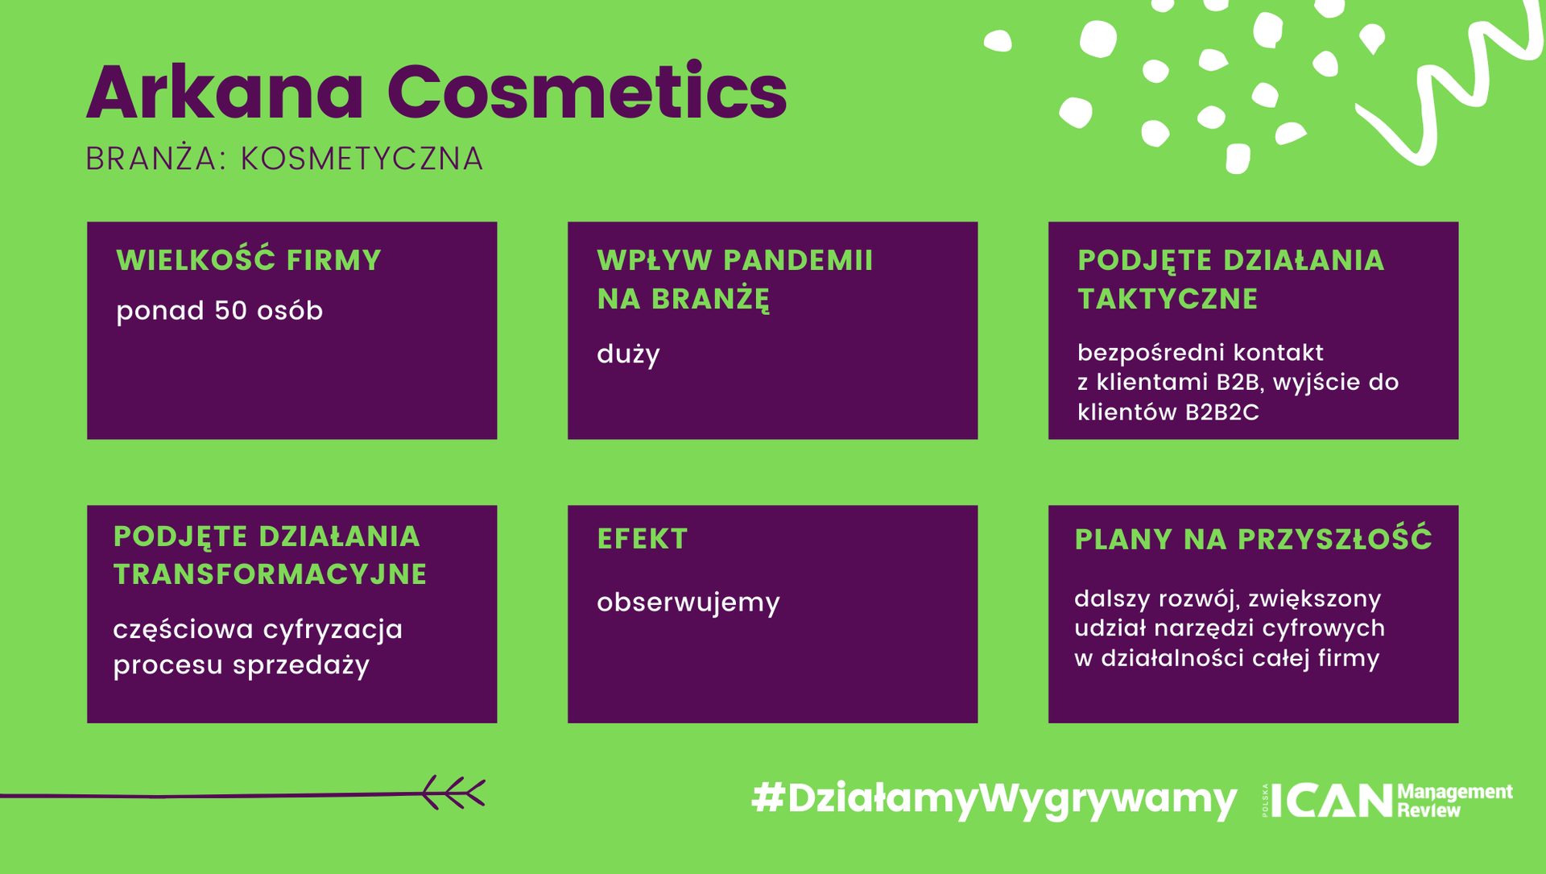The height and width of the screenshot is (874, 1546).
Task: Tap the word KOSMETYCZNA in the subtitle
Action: (362, 159)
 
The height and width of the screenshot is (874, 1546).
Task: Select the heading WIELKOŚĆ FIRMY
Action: (249, 260)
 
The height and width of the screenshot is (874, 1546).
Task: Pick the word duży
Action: (628, 354)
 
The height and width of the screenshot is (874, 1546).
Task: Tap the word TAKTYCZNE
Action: (1168, 299)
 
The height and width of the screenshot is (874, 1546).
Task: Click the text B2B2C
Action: (1222, 412)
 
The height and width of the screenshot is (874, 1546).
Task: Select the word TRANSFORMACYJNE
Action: (270, 574)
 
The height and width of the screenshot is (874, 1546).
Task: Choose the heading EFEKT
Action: (643, 539)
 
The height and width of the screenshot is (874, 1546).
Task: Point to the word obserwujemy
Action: (688, 603)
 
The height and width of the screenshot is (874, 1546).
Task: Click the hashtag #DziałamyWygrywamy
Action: (994, 799)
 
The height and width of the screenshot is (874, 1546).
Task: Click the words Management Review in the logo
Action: (1455, 801)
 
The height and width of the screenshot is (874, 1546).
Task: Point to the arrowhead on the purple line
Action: (453, 793)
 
